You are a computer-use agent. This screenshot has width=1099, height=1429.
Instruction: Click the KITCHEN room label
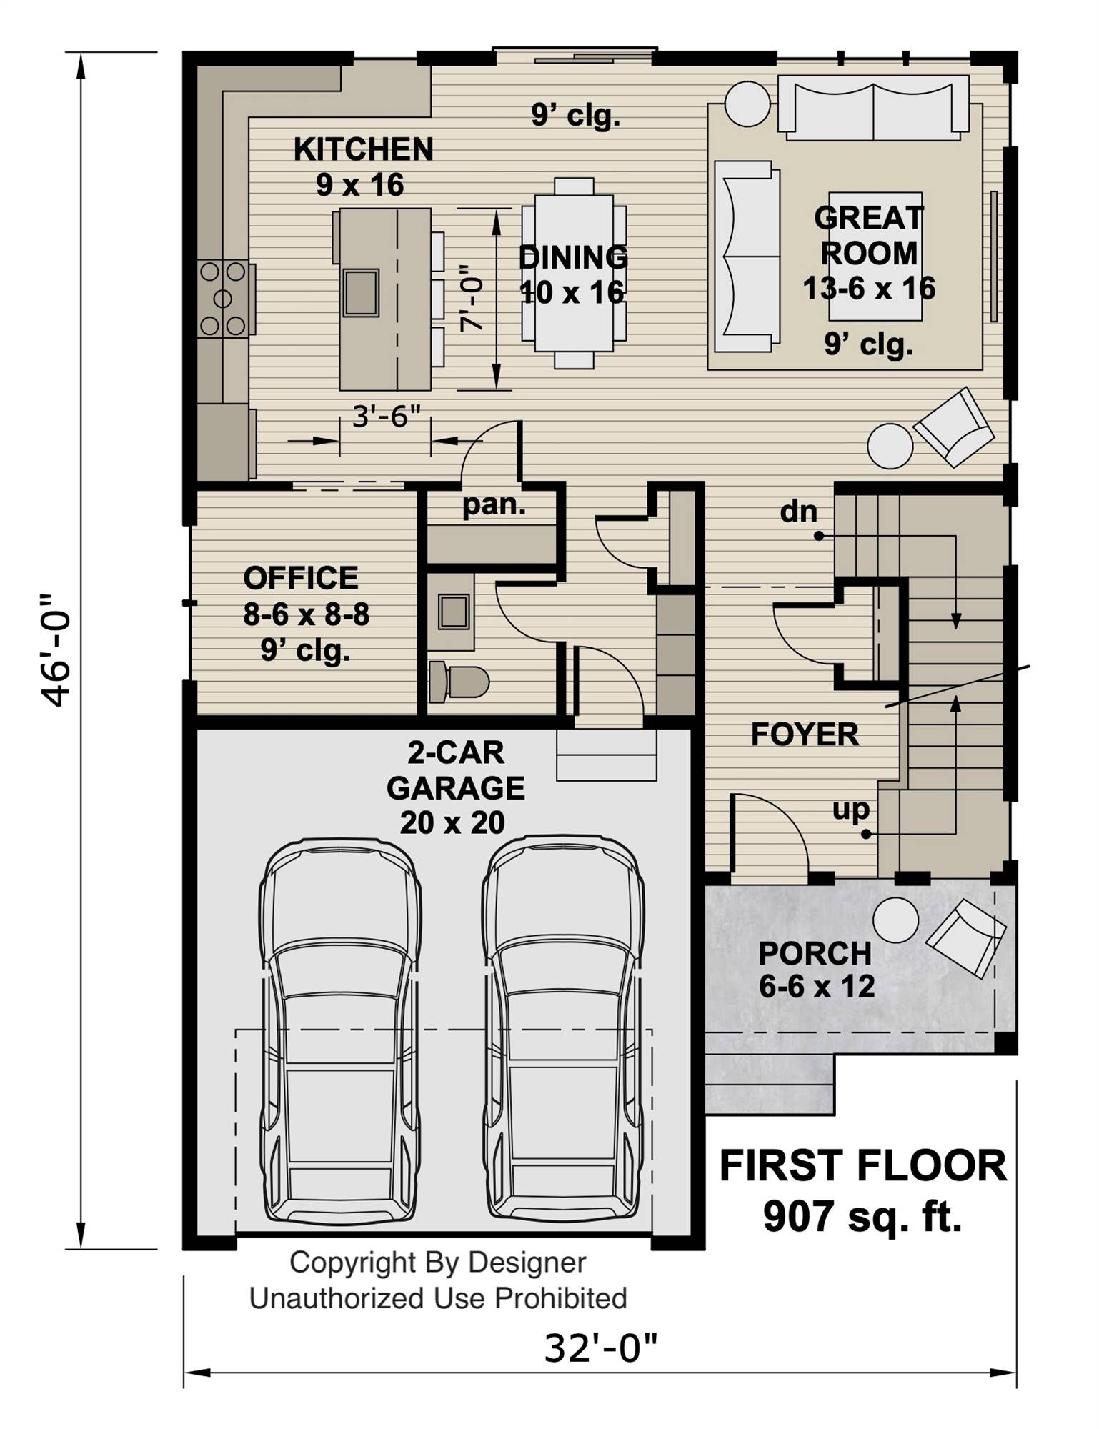pyautogui.click(x=363, y=149)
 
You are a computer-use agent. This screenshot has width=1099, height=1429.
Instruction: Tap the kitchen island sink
pyautogui.click(x=361, y=293)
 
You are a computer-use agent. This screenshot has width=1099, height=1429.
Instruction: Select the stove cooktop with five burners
pyautogui.click(x=223, y=298)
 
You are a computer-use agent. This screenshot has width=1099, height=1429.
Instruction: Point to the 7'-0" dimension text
pyautogui.click(x=472, y=299)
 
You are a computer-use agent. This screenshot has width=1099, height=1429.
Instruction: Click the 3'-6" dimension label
pyautogui.click(x=386, y=416)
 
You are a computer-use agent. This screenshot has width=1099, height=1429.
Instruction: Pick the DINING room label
pyautogui.click(x=573, y=257)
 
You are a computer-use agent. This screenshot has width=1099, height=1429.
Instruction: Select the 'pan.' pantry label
pyautogui.click(x=494, y=504)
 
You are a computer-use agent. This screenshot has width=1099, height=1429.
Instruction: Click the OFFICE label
pyautogui.click(x=301, y=578)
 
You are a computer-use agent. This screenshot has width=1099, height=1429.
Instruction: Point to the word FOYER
pyautogui.click(x=805, y=735)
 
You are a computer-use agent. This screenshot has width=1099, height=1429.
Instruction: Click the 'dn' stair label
pyautogui.click(x=798, y=512)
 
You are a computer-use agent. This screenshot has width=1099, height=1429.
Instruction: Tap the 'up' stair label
pyautogui.click(x=850, y=809)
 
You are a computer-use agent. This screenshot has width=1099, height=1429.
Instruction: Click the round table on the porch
pyautogui.click(x=895, y=920)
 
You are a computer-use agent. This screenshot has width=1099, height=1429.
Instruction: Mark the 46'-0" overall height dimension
pyautogui.click(x=56, y=649)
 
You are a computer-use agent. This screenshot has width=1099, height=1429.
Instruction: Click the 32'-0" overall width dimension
pyautogui.click(x=600, y=1348)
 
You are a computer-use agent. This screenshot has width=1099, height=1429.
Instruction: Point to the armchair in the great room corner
pyautogui.click(x=954, y=427)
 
